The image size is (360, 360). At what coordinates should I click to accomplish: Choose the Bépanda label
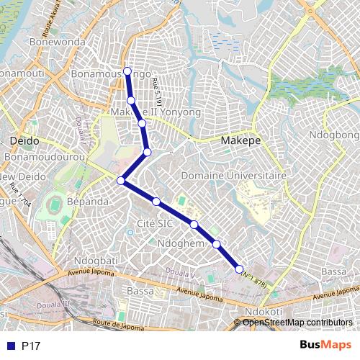[x=87, y=202]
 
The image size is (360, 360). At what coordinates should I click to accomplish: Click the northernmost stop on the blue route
[x=127, y=71]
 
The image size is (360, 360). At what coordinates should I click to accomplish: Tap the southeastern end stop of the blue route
[x=240, y=269]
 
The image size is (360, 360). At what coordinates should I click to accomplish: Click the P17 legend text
[x=31, y=346]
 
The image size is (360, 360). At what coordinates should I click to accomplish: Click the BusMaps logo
[x=326, y=346]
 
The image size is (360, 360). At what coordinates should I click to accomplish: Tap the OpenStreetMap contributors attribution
[x=297, y=323]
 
